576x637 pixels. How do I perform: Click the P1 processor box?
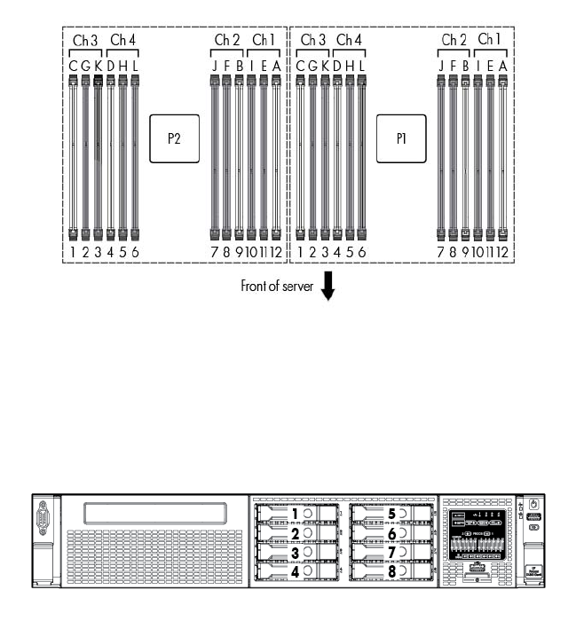(400, 139)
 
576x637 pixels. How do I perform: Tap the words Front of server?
(277, 287)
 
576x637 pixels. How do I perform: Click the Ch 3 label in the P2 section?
(85, 40)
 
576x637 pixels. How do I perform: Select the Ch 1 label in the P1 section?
(489, 40)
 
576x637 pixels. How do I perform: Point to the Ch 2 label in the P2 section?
(227, 40)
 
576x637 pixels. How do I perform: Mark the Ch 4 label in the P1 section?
(350, 40)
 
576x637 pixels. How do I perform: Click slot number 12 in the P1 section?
(502, 252)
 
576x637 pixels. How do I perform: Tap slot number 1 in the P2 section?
(74, 252)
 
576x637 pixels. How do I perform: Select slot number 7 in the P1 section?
(441, 252)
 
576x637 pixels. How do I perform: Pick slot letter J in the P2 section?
(215, 64)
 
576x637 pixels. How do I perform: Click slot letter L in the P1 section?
(362, 64)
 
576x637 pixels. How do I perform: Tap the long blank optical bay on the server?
(153, 514)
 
